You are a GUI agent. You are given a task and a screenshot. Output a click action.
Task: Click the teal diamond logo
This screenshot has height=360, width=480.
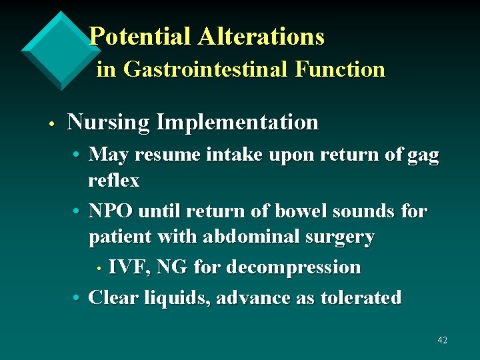pyautogui.click(x=61, y=50)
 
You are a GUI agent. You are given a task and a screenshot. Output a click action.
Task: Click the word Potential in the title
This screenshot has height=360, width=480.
pyautogui.click(x=140, y=37)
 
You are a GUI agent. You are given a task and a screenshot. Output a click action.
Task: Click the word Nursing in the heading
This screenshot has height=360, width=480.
pyautogui.click(x=109, y=123)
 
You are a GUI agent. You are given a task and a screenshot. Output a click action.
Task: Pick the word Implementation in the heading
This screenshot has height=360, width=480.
pyautogui.click(x=237, y=123)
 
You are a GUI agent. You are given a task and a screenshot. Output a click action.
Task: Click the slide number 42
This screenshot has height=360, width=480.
pyautogui.click(x=442, y=341)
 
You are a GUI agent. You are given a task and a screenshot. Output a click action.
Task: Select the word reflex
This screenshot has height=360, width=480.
pyautogui.click(x=114, y=181)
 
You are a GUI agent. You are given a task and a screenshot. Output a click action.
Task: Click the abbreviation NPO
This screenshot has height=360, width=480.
pyautogui.click(x=111, y=211)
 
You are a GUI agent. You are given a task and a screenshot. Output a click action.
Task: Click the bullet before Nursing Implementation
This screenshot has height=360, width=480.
pyautogui.click(x=50, y=124)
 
